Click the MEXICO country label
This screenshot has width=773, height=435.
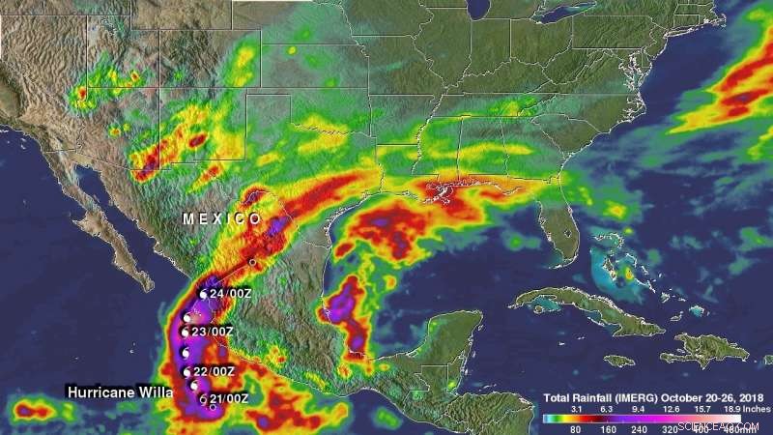(x=222, y=219)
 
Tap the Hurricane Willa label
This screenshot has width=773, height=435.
(x=120, y=392)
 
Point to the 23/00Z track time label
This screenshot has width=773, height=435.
(x=213, y=333)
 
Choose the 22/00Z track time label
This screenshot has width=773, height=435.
(x=213, y=371)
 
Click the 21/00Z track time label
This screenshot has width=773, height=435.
(x=229, y=398)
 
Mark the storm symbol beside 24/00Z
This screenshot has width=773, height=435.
(x=204, y=294)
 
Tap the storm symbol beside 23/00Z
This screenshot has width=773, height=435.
(x=186, y=333)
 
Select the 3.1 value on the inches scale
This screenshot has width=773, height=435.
(x=577, y=409)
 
